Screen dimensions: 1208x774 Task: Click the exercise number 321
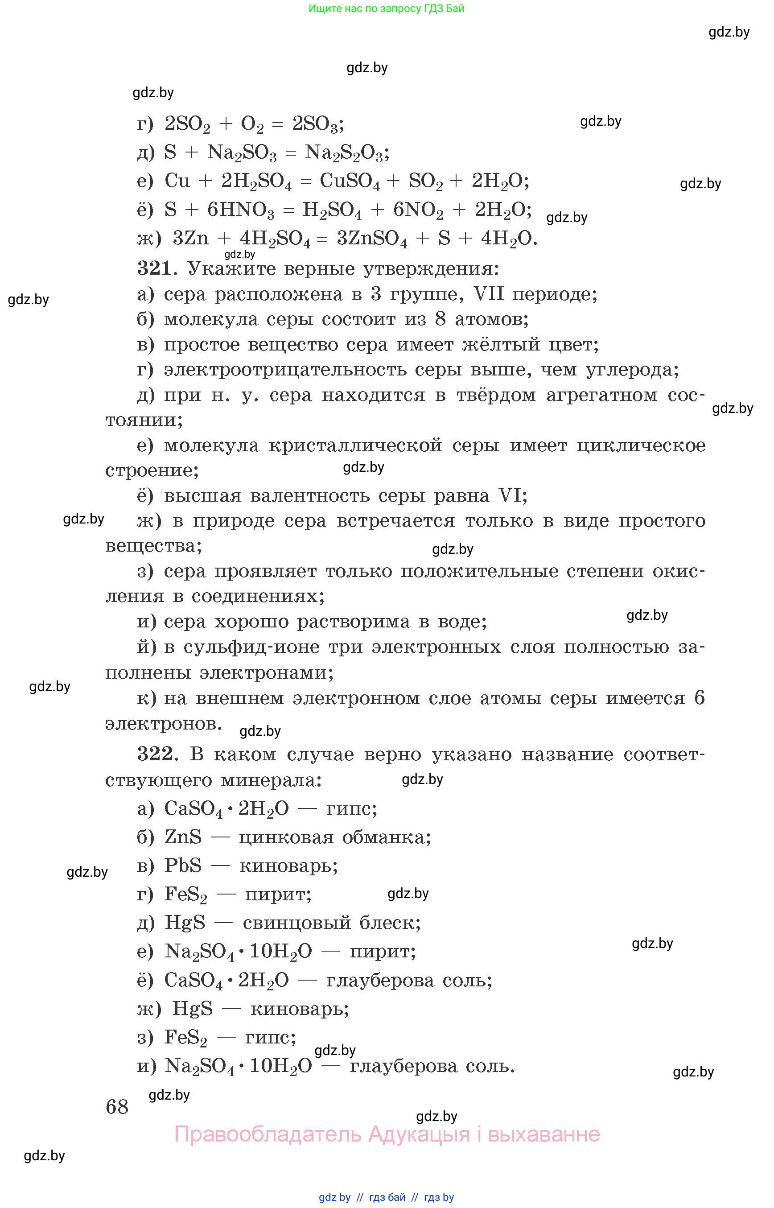pos(155,268)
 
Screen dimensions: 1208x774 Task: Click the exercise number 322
pos(155,754)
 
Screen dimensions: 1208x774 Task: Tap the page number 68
pos(117,1107)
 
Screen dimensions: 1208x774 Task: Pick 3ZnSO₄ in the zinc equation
pos(372,239)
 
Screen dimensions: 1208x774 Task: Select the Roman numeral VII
pos(489,293)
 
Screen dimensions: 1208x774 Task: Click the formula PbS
pos(183,866)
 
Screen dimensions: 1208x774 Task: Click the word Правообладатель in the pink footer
pos(268,1134)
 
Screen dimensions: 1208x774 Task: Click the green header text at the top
pos(386,8)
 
